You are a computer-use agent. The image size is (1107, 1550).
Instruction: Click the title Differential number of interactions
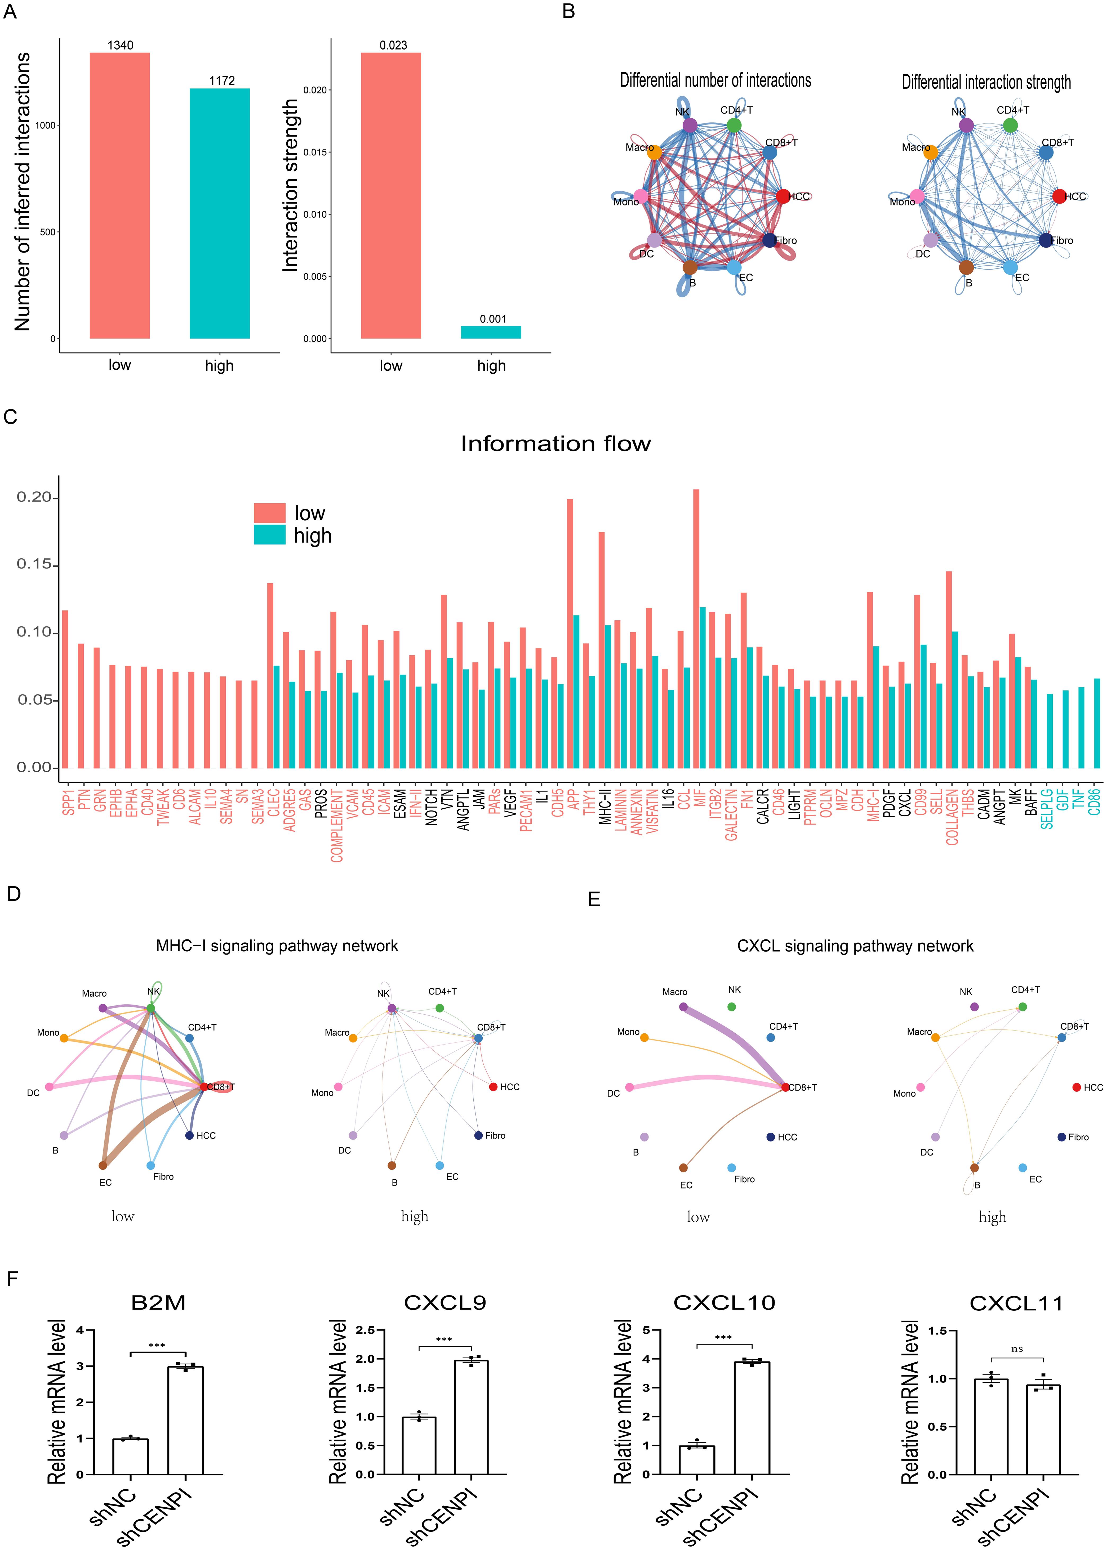tap(715, 80)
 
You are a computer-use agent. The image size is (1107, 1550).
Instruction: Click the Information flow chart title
tap(555, 444)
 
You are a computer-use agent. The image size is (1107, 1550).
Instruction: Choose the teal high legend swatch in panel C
tap(269, 536)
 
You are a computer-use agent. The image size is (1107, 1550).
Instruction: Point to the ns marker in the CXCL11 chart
tap(1017, 1348)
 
